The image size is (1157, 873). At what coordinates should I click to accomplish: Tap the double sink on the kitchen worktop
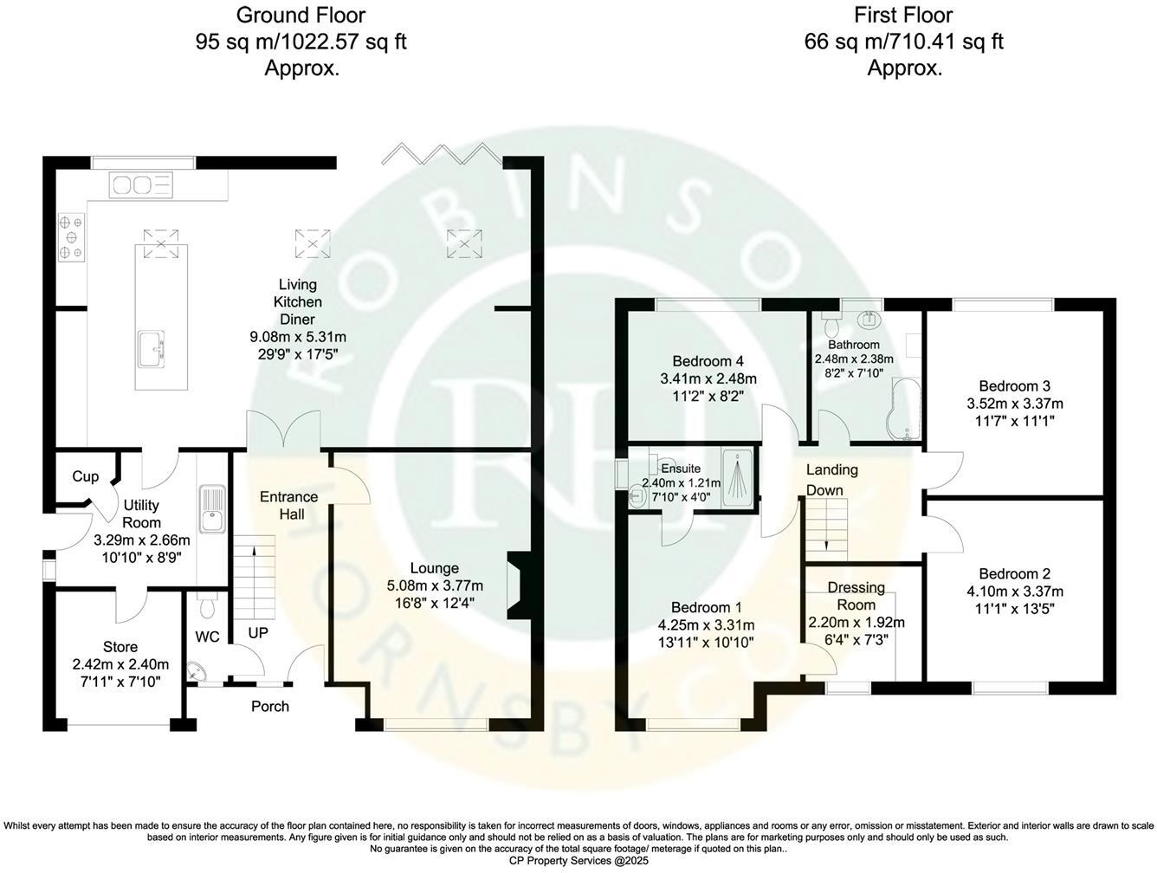click(x=139, y=184)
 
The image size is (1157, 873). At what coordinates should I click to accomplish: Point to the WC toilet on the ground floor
click(x=206, y=607)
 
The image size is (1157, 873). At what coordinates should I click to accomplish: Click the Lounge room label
click(x=434, y=568)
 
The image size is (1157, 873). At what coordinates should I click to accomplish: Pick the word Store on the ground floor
click(x=120, y=647)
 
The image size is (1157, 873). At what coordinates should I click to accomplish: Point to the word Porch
click(x=270, y=706)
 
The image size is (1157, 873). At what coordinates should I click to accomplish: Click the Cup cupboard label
click(x=85, y=477)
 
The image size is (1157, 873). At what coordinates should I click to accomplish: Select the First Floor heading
click(x=903, y=15)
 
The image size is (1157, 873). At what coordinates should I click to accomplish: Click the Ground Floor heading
click(x=301, y=15)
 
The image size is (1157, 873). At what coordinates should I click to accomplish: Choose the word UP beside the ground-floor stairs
click(x=258, y=633)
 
